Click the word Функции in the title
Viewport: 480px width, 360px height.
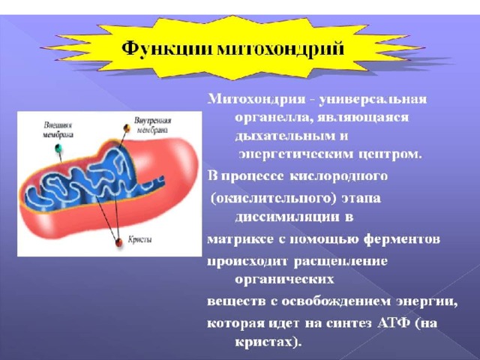166,49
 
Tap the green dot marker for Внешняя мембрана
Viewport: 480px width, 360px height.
58,148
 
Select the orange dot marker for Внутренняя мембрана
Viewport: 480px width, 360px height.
127,128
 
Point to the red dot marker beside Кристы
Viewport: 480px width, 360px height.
118,242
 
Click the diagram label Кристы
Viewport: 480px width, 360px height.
139,240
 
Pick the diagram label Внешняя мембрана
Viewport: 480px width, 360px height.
58,130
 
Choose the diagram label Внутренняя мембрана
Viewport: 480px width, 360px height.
152,125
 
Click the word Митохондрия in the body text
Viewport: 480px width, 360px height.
256,100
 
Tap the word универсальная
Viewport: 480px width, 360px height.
373,100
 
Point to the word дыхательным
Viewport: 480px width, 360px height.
285,136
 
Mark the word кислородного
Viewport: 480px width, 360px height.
338,176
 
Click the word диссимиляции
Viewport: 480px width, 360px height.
287,217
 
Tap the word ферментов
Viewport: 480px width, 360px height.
402,238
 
